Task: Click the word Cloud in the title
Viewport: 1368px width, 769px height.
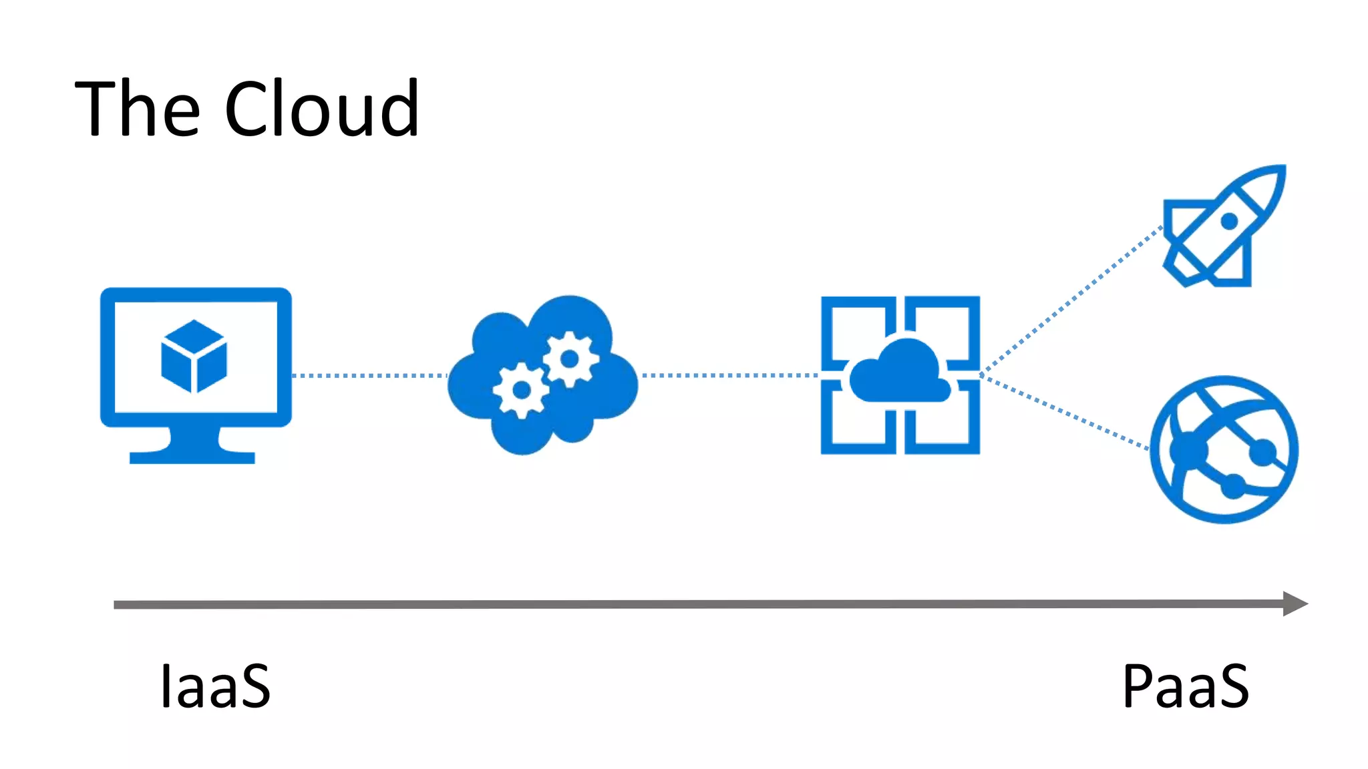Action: (x=321, y=109)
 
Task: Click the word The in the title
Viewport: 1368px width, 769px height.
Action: (x=137, y=109)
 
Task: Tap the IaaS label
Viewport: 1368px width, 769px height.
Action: (x=215, y=686)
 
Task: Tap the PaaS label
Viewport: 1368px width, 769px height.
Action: (x=1185, y=686)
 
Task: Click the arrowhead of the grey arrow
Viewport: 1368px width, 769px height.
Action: (x=1295, y=603)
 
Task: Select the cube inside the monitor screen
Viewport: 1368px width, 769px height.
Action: (x=194, y=356)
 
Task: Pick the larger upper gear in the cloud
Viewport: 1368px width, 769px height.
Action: (x=570, y=359)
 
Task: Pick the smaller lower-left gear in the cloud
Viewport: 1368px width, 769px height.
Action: (x=521, y=390)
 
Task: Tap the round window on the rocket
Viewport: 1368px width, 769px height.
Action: (x=1229, y=221)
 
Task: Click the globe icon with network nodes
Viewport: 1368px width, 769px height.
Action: (x=1224, y=450)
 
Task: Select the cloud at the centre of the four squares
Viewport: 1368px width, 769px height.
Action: (x=900, y=375)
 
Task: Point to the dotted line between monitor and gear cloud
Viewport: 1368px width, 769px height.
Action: (x=369, y=376)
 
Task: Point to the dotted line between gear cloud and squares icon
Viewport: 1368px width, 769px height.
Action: (x=728, y=376)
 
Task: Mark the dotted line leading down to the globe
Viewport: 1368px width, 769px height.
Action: (x=1065, y=411)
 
